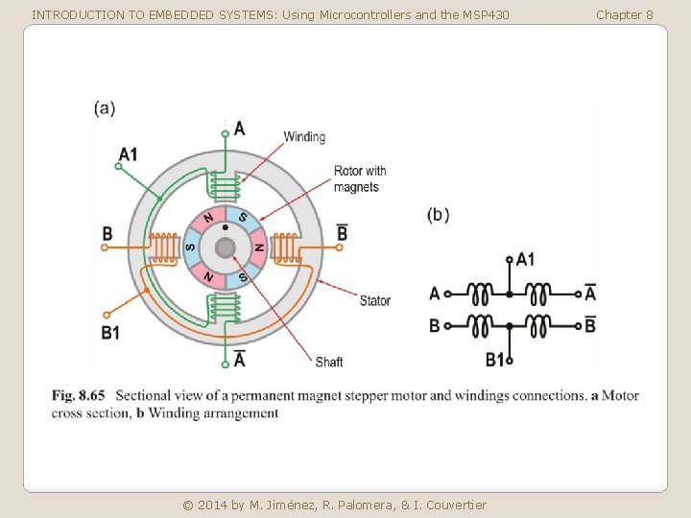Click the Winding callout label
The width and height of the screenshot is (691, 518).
tap(304, 137)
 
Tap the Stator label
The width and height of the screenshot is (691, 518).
tap(374, 300)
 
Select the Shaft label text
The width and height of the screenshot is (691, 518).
tap(328, 362)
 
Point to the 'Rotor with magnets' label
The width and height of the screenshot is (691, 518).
tap(360, 178)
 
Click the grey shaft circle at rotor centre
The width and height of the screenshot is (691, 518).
tap(225, 248)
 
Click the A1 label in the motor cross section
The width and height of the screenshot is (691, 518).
tap(129, 153)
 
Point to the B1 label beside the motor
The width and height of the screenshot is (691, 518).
tap(110, 333)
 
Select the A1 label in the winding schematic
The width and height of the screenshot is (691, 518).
tap(526, 259)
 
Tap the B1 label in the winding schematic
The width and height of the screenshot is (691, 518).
tap(495, 360)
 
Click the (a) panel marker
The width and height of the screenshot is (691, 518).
tap(105, 108)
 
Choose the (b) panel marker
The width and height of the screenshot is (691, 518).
tap(438, 215)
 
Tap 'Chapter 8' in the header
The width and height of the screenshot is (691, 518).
tap(624, 14)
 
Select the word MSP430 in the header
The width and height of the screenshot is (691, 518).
tap(485, 14)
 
